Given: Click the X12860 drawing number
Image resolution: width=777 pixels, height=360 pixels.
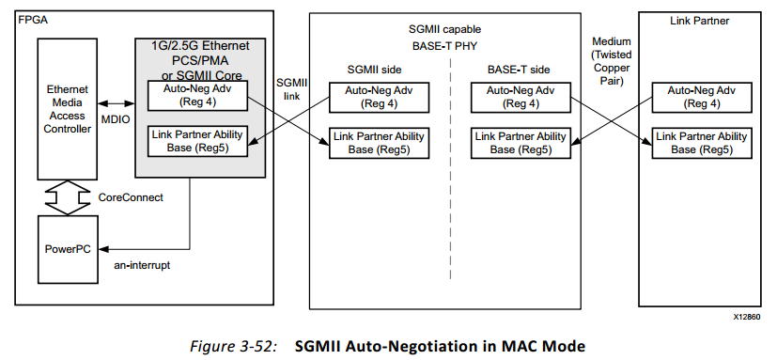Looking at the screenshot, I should (747, 318).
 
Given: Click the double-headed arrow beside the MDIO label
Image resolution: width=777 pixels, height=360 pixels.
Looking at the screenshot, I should (115, 102).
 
